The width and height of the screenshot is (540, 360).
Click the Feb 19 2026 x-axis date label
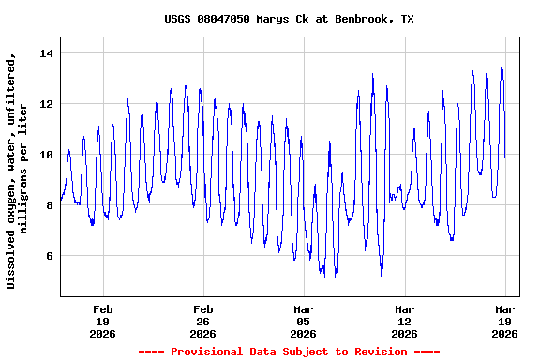pyautogui.click(x=103, y=321)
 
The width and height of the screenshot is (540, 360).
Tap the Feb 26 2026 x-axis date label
pyautogui.click(x=203, y=321)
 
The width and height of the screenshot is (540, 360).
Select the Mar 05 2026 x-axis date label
pyautogui.click(x=304, y=321)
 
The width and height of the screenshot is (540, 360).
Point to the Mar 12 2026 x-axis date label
pyautogui.click(x=404, y=321)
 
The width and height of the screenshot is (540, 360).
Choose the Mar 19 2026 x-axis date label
pyautogui.click(x=504, y=321)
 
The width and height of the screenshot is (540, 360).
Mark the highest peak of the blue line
pyautogui.click(x=502, y=56)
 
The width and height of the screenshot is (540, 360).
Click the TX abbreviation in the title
pyautogui.click(x=408, y=19)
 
